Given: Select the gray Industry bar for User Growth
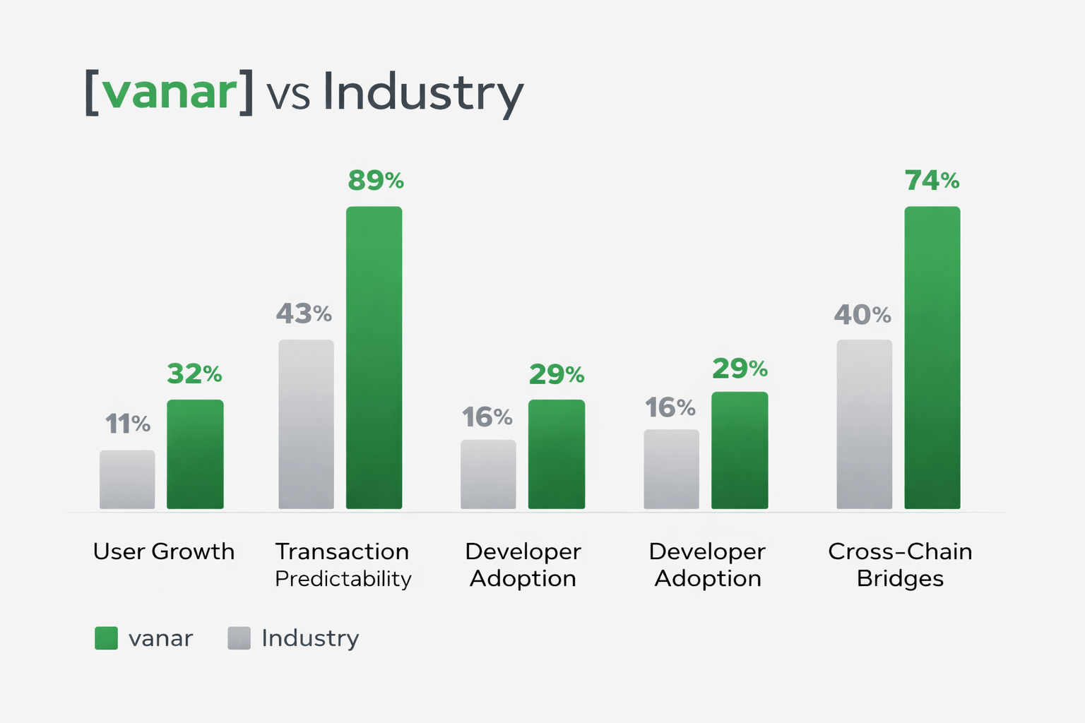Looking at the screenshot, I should [127, 479].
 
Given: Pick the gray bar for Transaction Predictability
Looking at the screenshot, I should [306, 424].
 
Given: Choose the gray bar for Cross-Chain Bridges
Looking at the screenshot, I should [864, 424].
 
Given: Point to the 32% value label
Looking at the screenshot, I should [194, 374].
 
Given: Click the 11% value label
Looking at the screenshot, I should [127, 424].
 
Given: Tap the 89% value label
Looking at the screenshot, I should [376, 181].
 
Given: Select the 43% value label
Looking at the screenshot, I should [304, 313].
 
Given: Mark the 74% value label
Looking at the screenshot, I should [932, 181].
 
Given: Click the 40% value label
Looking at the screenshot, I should [862, 314].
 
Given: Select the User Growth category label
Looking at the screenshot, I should [164, 551].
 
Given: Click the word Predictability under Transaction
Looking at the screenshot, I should [343, 579].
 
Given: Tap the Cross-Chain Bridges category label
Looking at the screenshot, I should [900, 565].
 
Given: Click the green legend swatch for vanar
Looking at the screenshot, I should [106, 638].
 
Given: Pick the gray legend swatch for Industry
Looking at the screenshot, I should [239, 638].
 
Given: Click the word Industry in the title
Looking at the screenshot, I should [423, 92].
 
